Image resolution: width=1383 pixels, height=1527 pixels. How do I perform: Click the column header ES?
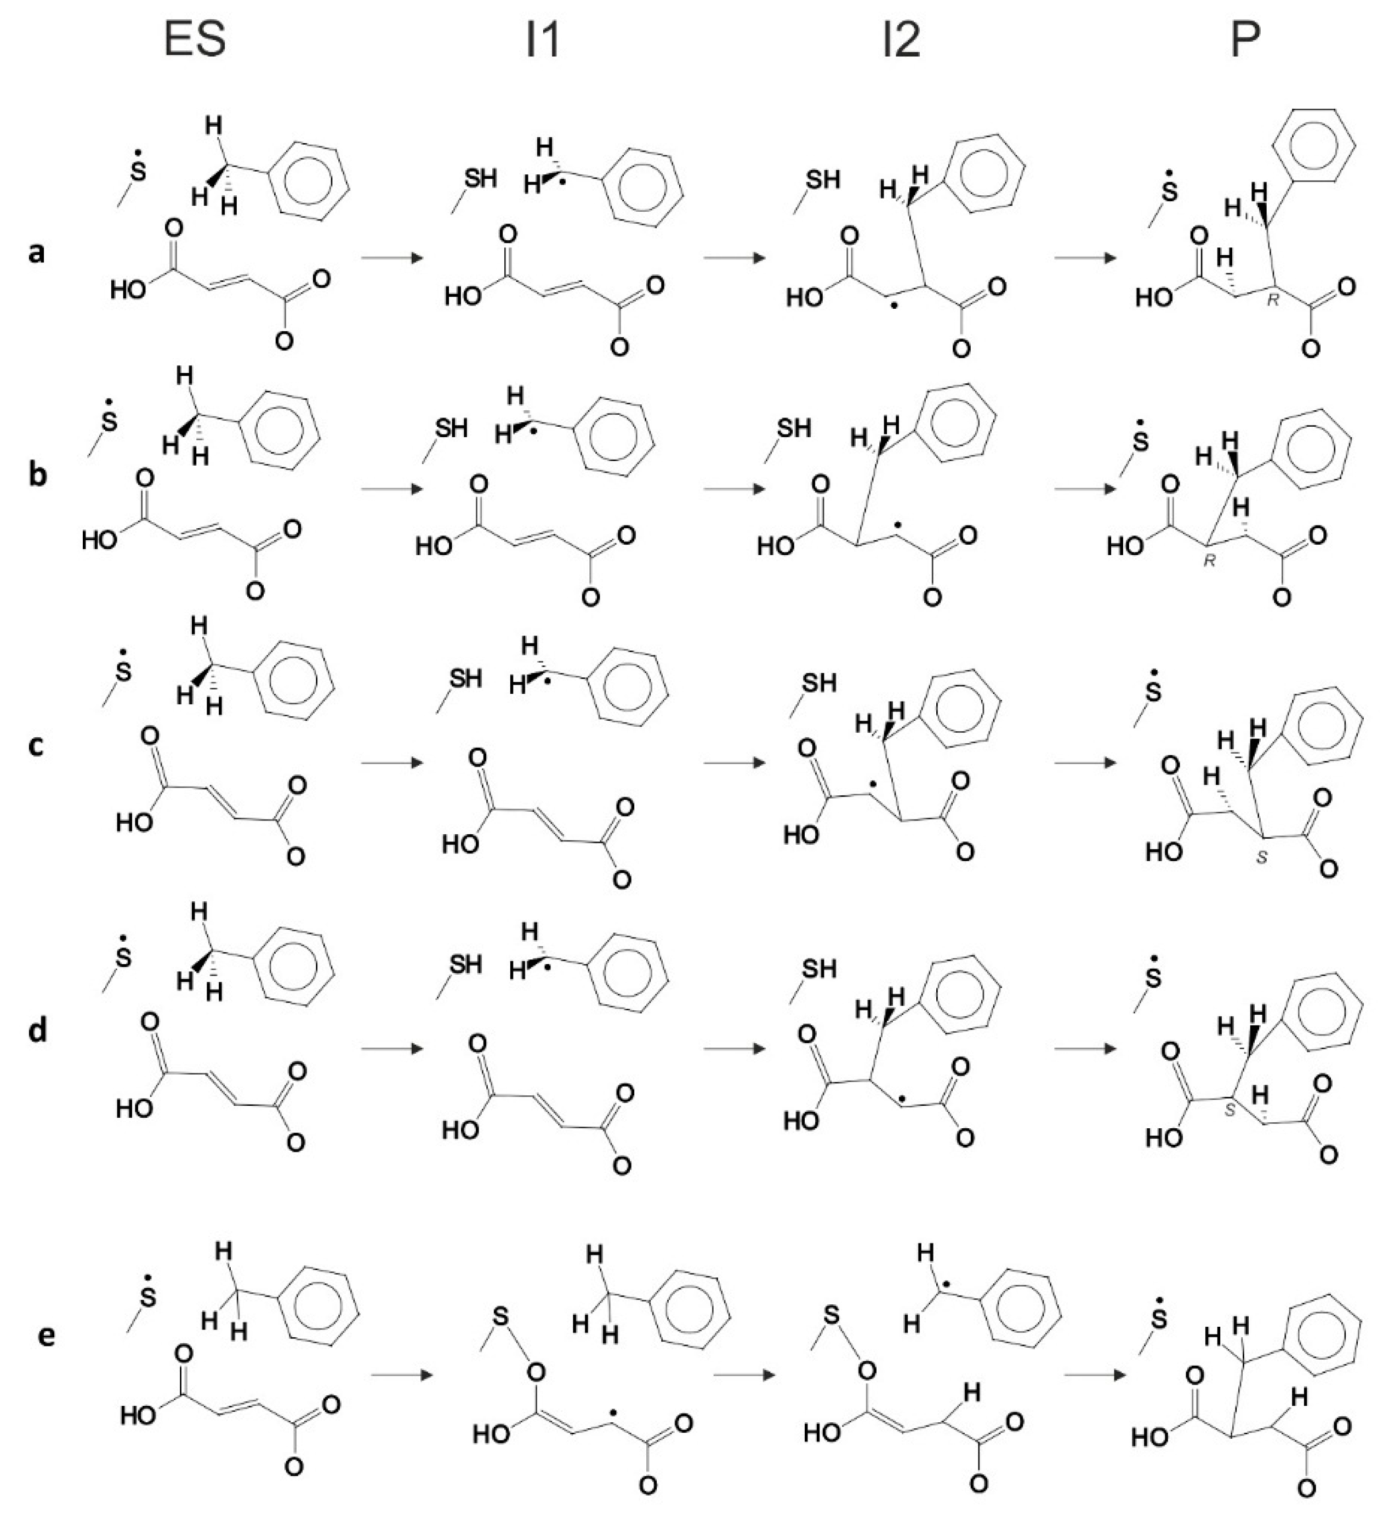[195, 40]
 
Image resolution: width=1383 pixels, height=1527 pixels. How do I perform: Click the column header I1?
[543, 40]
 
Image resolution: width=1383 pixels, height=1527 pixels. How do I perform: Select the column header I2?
[901, 40]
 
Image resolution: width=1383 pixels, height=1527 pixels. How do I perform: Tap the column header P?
[1244, 40]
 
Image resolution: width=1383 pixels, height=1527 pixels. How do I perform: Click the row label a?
[36, 252]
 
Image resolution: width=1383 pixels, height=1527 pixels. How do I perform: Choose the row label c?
[36, 746]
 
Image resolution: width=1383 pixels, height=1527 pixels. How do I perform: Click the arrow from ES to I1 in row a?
[391, 258]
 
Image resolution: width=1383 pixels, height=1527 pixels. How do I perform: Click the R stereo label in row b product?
[1210, 561]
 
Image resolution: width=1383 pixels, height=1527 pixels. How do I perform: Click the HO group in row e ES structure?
[138, 1413]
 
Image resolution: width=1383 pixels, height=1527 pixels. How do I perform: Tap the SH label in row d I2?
[819, 969]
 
